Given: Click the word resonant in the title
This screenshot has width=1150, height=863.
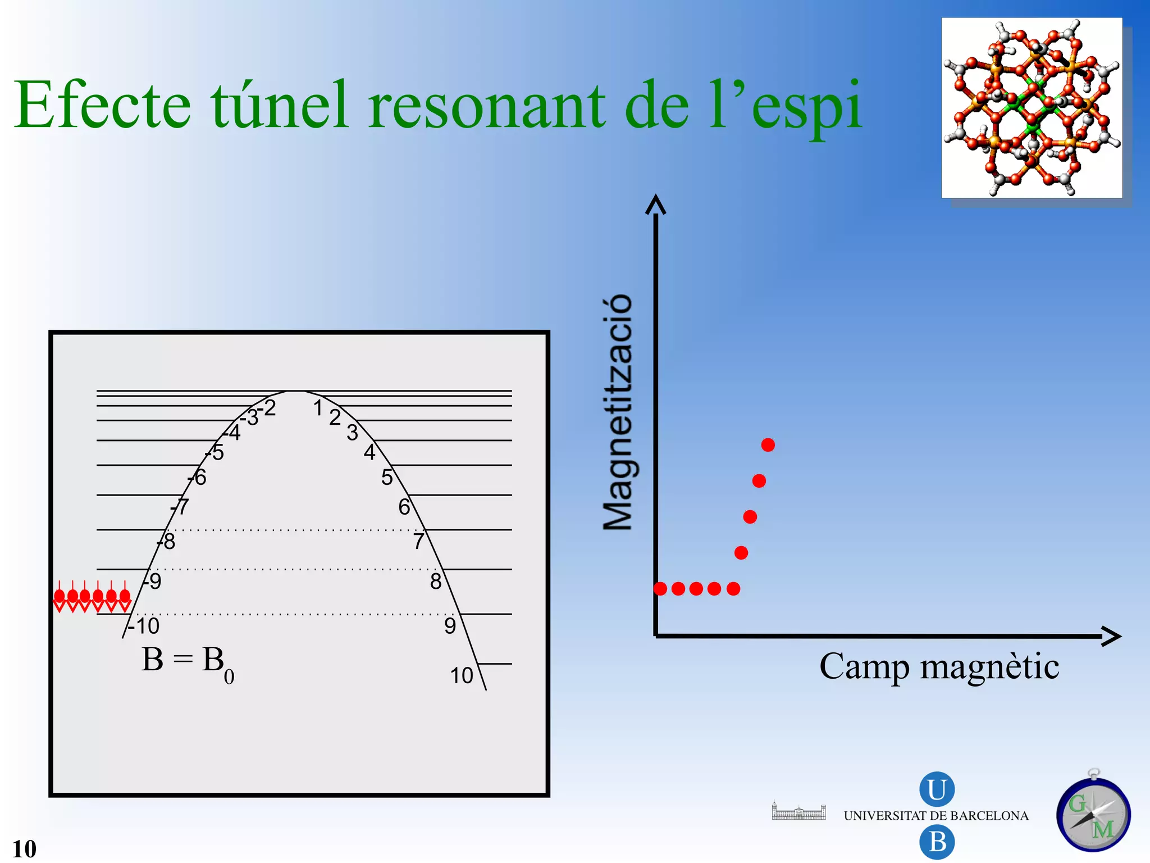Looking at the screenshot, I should pyautogui.click(x=487, y=107).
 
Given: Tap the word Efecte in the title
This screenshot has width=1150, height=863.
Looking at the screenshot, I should pyautogui.click(x=103, y=107).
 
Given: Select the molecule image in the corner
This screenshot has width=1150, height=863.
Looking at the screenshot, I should pyautogui.click(x=1032, y=108).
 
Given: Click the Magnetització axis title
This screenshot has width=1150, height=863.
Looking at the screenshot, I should pyautogui.click(x=618, y=413).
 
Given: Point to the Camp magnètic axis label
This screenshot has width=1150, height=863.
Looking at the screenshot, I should pyautogui.click(x=939, y=667).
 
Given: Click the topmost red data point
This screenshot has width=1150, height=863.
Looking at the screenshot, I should pyautogui.click(x=768, y=445).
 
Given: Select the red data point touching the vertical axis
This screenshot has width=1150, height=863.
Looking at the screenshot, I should pyautogui.click(x=661, y=589).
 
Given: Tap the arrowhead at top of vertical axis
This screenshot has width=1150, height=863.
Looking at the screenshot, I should pyautogui.click(x=655, y=205).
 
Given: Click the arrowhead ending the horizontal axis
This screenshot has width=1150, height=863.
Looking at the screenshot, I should pyautogui.click(x=1111, y=636).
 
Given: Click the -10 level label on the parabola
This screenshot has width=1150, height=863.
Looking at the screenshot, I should pyautogui.click(x=144, y=626).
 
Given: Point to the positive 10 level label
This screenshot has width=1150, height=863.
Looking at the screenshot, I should pyautogui.click(x=462, y=676).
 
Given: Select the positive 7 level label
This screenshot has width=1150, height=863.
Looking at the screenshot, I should pyautogui.click(x=418, y=542).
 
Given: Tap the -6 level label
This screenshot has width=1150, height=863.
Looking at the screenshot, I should pyautogui.click(x=198, y=478).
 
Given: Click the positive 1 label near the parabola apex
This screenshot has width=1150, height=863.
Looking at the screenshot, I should pyautogui.click(x=318, y=408).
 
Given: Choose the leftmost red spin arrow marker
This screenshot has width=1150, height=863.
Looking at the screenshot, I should pyautogui.click(x=59, y=598).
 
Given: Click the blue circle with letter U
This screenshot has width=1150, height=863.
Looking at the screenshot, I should pyautogui.click(x=937, y=789).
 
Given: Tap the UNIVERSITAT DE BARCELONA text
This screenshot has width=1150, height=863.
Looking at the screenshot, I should pyautogui.click(x=936, y=816).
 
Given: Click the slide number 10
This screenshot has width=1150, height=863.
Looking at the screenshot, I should pyautogui.click(x=24, y=849).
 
